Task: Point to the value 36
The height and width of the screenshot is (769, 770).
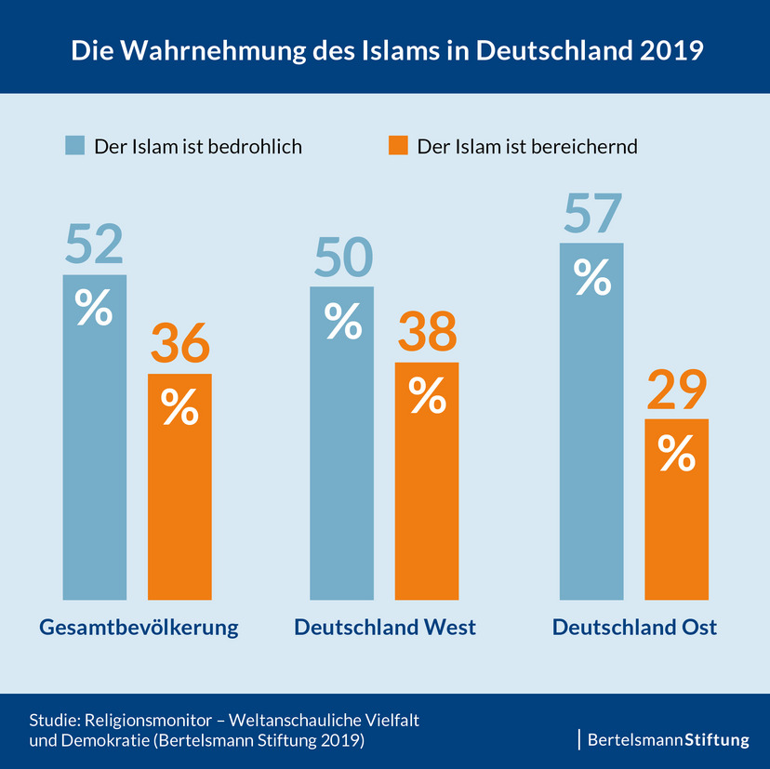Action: tap(180, 345)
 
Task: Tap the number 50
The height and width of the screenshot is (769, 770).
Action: tap(342, 258)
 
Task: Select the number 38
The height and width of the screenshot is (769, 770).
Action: tap(427, 333)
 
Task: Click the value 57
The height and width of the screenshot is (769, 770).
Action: tap(591, 214)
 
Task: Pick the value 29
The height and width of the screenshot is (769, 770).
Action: tap(676, 391)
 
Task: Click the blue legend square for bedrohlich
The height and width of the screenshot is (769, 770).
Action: tap(74, 146)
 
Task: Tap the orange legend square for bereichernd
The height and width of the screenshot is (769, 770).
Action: tap(398, 146)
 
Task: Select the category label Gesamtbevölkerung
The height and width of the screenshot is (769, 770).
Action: tap(139, 628)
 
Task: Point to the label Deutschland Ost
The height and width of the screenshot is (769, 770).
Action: tap(634, 628)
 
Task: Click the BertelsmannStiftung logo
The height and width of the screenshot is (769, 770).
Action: tap(668, 740)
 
